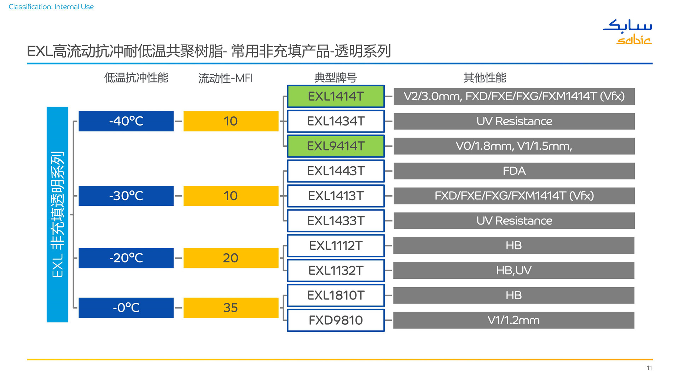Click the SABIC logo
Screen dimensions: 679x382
point(627,32)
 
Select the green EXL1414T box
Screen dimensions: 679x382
point(336,96)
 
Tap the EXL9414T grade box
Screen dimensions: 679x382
point(336,146)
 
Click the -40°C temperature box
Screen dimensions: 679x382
point(126,121)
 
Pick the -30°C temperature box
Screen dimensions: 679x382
point(126,196)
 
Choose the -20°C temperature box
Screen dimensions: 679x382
point(126,258)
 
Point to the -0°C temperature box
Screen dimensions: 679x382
point(126,308)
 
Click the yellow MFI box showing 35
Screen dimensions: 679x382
point(231,308)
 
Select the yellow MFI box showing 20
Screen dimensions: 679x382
point(231,258)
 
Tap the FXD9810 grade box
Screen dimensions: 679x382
point(336,320)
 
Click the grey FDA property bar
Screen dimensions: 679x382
point(514,171)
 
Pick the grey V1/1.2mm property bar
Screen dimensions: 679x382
point(514,320)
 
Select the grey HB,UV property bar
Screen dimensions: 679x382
point(514,271)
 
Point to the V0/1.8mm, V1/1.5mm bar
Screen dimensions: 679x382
point(514,146)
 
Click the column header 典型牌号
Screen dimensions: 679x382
point(336,78)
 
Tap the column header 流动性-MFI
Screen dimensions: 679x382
point(225,78)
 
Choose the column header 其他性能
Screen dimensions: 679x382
point(485,77)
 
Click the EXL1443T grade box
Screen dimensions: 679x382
point(336,171)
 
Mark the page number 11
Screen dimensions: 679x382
point(649,368)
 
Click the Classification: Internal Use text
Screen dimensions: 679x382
point(51,7)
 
